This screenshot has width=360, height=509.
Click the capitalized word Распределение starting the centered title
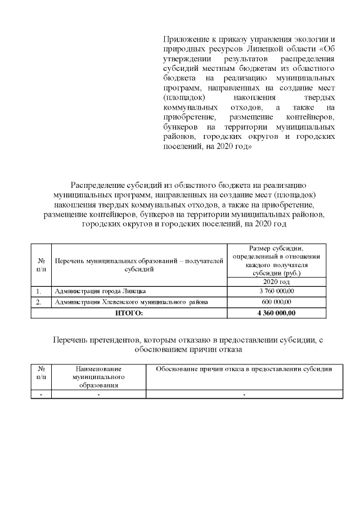click(x=96, y=186)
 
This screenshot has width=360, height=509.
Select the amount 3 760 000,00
click(x=277, y=291)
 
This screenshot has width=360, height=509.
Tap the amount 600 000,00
click(x=277, y=302)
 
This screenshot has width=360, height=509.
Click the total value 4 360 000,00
click(x=277, y=313)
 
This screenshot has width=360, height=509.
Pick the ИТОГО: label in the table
click(x=129, y=313)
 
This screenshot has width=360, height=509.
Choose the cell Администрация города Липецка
click(x=100, y=291)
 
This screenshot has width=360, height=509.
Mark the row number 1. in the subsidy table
click(x=39, y=291)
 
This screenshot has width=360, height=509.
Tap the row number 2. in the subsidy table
click(x=39, y=302)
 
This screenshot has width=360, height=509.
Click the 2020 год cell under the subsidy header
click(x=277, y=281)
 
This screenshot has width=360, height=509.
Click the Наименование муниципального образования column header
click(x=98, y=377)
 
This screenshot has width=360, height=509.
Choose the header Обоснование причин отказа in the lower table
click(x=244, y=369)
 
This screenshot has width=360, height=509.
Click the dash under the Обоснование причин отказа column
click(x=244, y=395)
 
